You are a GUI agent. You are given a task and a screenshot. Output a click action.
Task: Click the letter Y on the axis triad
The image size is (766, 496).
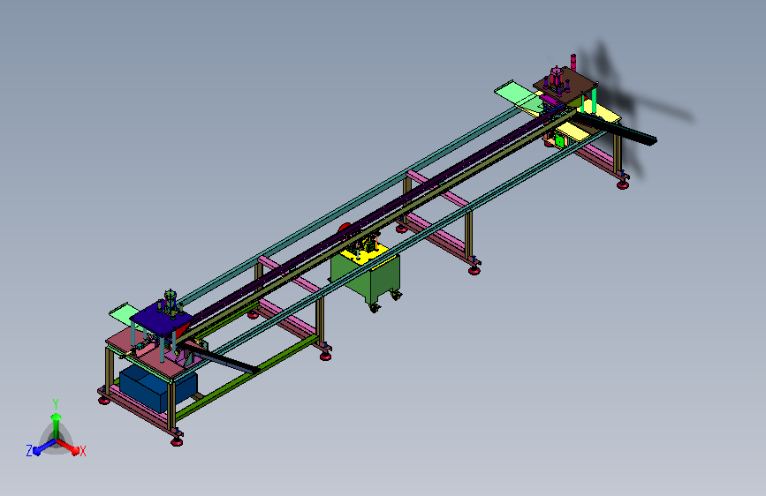55,403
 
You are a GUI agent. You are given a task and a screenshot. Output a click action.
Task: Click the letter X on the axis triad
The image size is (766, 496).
82,451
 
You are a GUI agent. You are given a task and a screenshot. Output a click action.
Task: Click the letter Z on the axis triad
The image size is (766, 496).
29,451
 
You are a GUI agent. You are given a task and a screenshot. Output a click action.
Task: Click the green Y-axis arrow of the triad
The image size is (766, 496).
56,425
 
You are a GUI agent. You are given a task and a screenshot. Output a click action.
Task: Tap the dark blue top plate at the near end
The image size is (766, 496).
161,319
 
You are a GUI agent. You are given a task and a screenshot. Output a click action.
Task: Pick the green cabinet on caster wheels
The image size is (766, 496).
368,276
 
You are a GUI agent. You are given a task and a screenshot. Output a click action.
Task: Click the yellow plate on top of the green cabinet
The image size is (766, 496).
365,254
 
